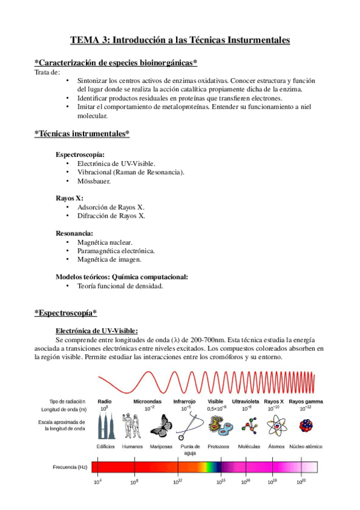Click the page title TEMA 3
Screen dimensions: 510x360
pyautogui.click(x=180, y=40)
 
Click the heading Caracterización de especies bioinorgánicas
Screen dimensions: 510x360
pyautogui.click(x=116, y=63)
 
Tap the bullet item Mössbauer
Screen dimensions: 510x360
pyautogui.click(x=94, y=180)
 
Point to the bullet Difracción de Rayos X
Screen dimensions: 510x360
pyautogui.click(x=111, y=215)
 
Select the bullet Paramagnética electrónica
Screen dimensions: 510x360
pyautogui.click(x=116, y=250)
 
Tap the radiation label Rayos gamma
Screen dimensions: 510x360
pyautogui.click(x=305, y=401)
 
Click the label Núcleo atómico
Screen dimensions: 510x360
pyautogui.click(x=305, y=447)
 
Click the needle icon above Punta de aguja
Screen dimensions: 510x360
pyautogui.click(x=189, y=426)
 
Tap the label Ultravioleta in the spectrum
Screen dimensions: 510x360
pyautogui.click(x=246, y=401)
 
